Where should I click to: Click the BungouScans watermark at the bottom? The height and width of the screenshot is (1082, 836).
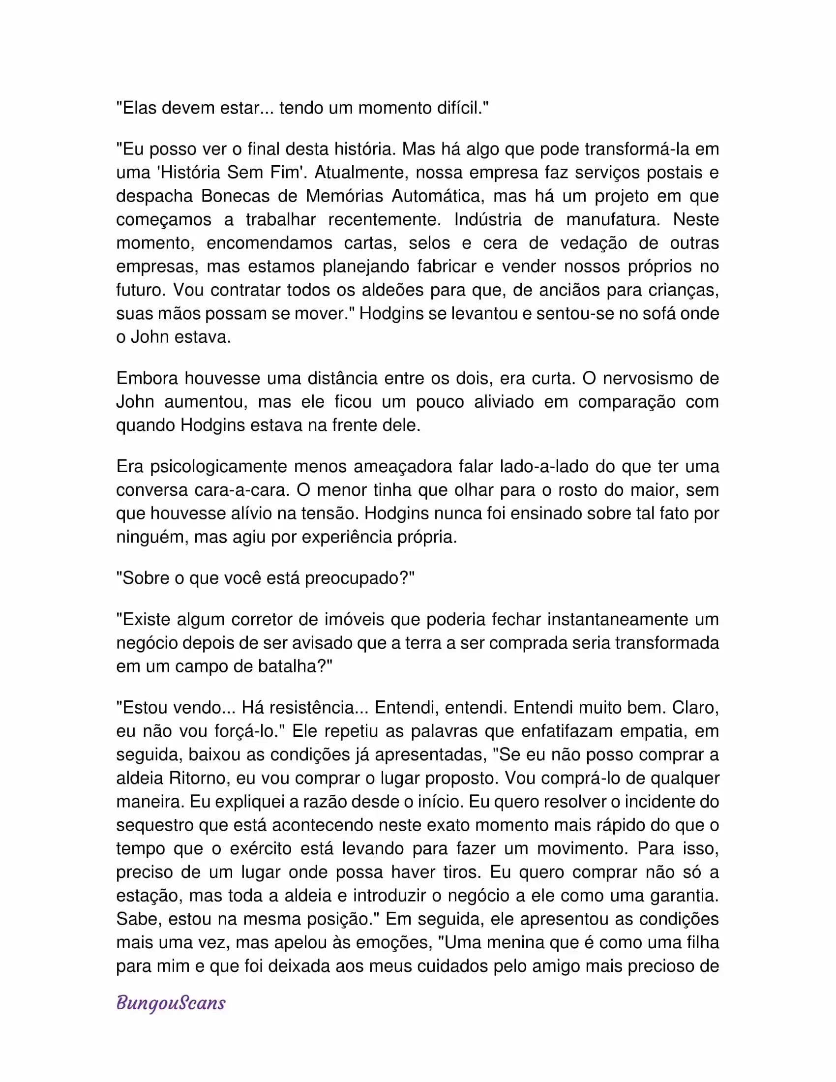171,1003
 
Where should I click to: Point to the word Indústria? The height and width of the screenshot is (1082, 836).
488,219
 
